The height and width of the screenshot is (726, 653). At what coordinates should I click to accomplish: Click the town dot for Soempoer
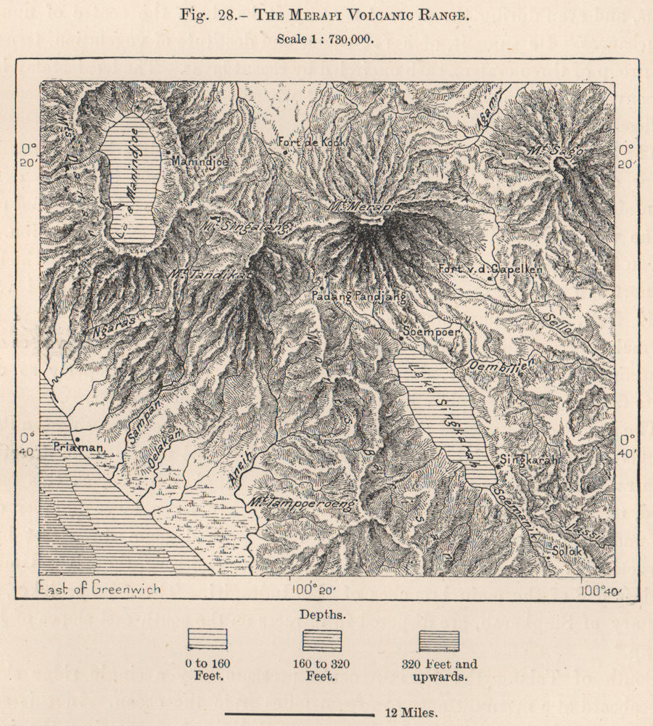click(400, 337)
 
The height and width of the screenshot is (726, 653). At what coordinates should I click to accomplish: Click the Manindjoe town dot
click(168, 152)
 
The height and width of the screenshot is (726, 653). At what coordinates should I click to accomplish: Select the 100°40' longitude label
click(601, 590)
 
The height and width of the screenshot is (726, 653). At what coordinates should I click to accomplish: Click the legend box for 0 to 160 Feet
click(208, 640)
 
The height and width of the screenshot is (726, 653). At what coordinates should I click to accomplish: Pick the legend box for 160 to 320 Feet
click(323, 640)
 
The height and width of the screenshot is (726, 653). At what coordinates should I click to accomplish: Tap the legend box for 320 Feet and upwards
click(439, 640)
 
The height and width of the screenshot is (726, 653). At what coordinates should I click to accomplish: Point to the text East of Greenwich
click(100, 588)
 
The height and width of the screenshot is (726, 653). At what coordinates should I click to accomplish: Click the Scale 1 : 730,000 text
click(326, 40)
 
